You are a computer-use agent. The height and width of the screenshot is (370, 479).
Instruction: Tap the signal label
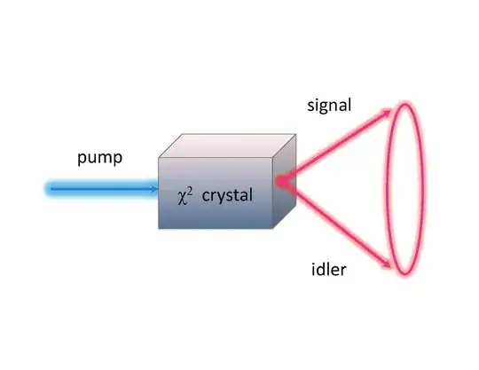coord(328,105)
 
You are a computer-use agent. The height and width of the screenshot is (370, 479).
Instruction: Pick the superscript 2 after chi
coord(191,188)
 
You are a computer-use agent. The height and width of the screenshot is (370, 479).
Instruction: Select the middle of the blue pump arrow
coord(102,188)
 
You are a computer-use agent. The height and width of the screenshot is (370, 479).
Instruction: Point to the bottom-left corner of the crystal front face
coord(159,228)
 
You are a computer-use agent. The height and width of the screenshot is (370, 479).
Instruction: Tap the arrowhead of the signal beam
coord(390,110)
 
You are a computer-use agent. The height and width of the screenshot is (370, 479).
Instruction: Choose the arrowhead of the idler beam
coord(390,264)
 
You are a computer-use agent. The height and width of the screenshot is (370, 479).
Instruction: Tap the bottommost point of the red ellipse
coord(404,274)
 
